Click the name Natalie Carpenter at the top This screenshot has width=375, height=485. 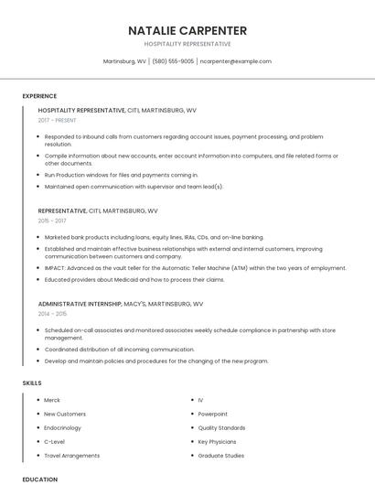(187, 29)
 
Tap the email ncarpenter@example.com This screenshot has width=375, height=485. (235, 61)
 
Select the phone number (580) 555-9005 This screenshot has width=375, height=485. (173, 61)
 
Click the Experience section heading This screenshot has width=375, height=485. (39, 96)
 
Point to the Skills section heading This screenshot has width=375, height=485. (32, 382)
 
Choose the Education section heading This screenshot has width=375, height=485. (39, 479)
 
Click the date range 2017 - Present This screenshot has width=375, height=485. (59, 121)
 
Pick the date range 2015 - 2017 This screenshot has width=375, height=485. (52, 221)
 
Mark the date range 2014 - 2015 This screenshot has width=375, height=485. (52, 313)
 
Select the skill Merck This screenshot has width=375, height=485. (52, 401)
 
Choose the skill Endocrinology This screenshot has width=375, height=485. (63, 428)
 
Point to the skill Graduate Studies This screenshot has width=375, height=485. (220, 455)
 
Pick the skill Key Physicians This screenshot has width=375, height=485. (217, 441)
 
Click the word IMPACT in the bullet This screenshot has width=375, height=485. (55, 268)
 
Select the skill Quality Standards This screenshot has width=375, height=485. (221, 428)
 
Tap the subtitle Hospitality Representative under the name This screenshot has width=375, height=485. (187, 43)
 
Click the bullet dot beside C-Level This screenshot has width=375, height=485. (36, 441)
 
